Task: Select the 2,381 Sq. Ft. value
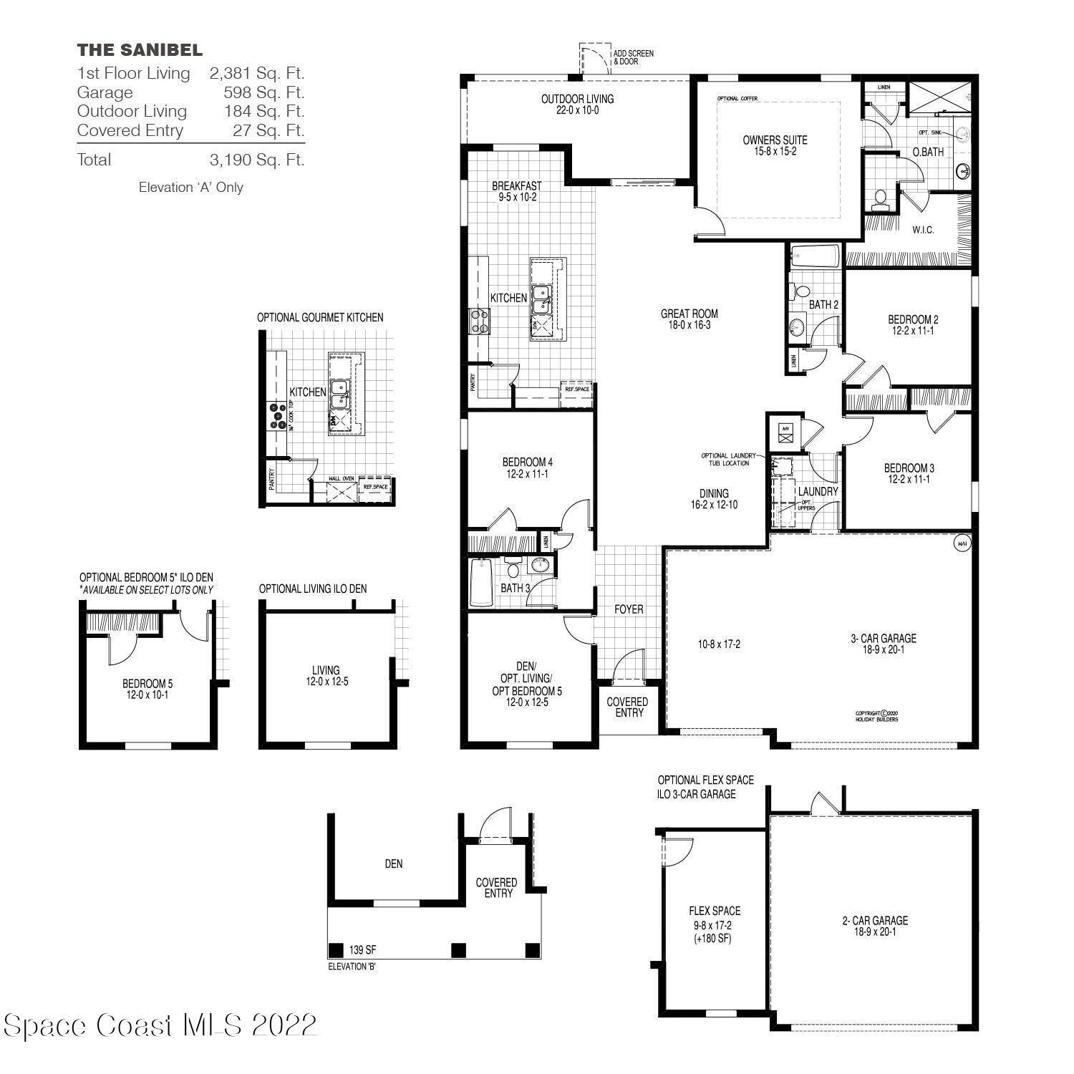[256, 73]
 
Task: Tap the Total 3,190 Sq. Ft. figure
[256, 160]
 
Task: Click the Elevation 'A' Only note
[190, 188]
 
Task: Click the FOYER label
[629, 609]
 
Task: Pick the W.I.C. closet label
[923, 230]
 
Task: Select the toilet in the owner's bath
[881, 198]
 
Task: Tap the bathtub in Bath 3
[481, 583]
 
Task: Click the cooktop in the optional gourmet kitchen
[277, 416]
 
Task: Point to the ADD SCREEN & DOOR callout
[633, 57]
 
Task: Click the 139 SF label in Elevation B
[362, 951]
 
